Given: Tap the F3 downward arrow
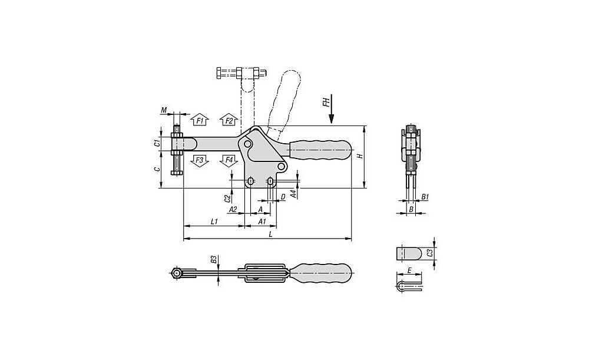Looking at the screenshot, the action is point(200,161).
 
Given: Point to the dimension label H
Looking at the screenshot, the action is point(360,156).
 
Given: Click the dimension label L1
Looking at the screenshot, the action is point(214,222).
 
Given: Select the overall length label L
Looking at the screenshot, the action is point(271,234).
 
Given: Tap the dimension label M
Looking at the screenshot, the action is point(164,110).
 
